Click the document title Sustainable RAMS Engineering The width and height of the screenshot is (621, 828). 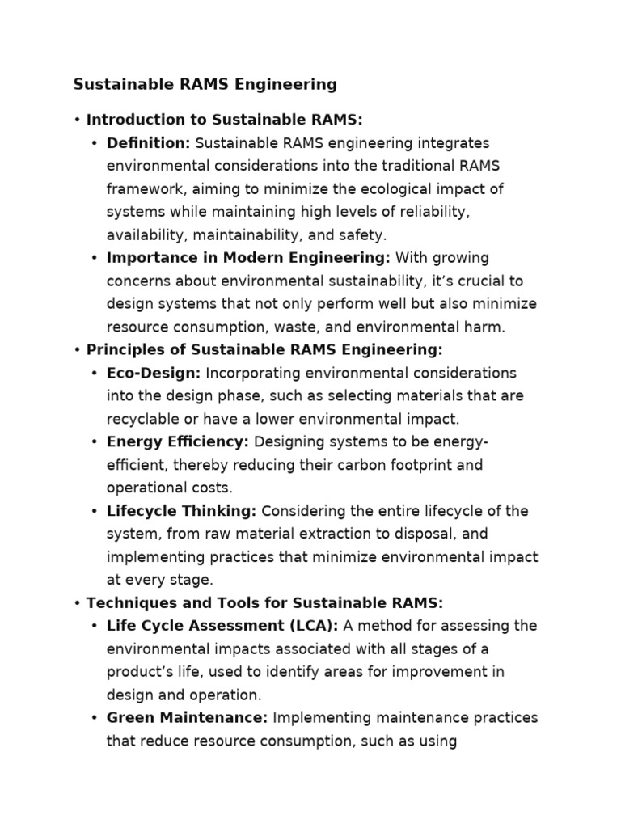point(205,84)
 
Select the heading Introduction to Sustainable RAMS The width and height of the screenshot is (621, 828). point(224,120)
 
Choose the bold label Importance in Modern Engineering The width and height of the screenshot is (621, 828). point(248,258)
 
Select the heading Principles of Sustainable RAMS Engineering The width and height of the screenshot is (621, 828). point(264,350)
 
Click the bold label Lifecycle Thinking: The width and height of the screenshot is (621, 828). point(182,511)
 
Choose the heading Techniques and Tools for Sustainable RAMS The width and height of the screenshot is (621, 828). point(264,603)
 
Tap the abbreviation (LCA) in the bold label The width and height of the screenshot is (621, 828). point(315,626)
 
